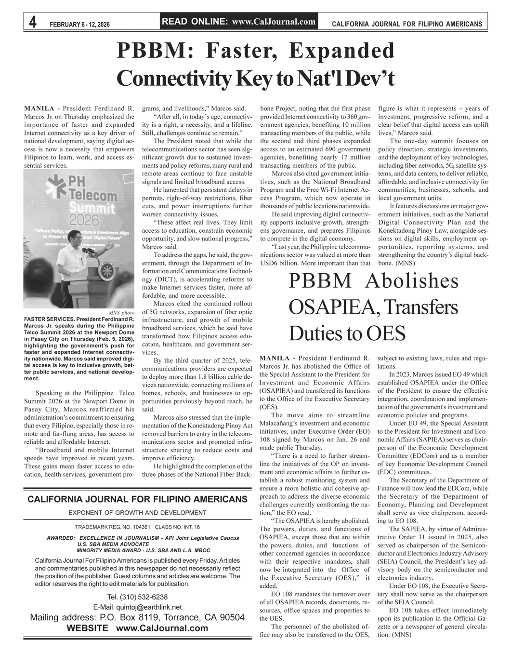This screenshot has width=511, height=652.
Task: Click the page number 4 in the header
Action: (x=32, y=22)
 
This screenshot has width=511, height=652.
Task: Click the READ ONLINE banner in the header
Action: (x=239, y=21)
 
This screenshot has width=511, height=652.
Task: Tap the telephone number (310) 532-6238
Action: (x=138, y=597)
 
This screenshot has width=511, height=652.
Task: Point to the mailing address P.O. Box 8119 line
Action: (x=137, y=618)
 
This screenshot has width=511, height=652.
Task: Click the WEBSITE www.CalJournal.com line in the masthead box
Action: (x=137, y=628)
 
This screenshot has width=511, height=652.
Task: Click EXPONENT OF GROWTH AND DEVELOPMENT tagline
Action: (x=137, y=512)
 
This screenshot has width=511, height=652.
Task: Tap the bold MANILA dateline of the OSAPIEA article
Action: (x=275, y=359)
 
